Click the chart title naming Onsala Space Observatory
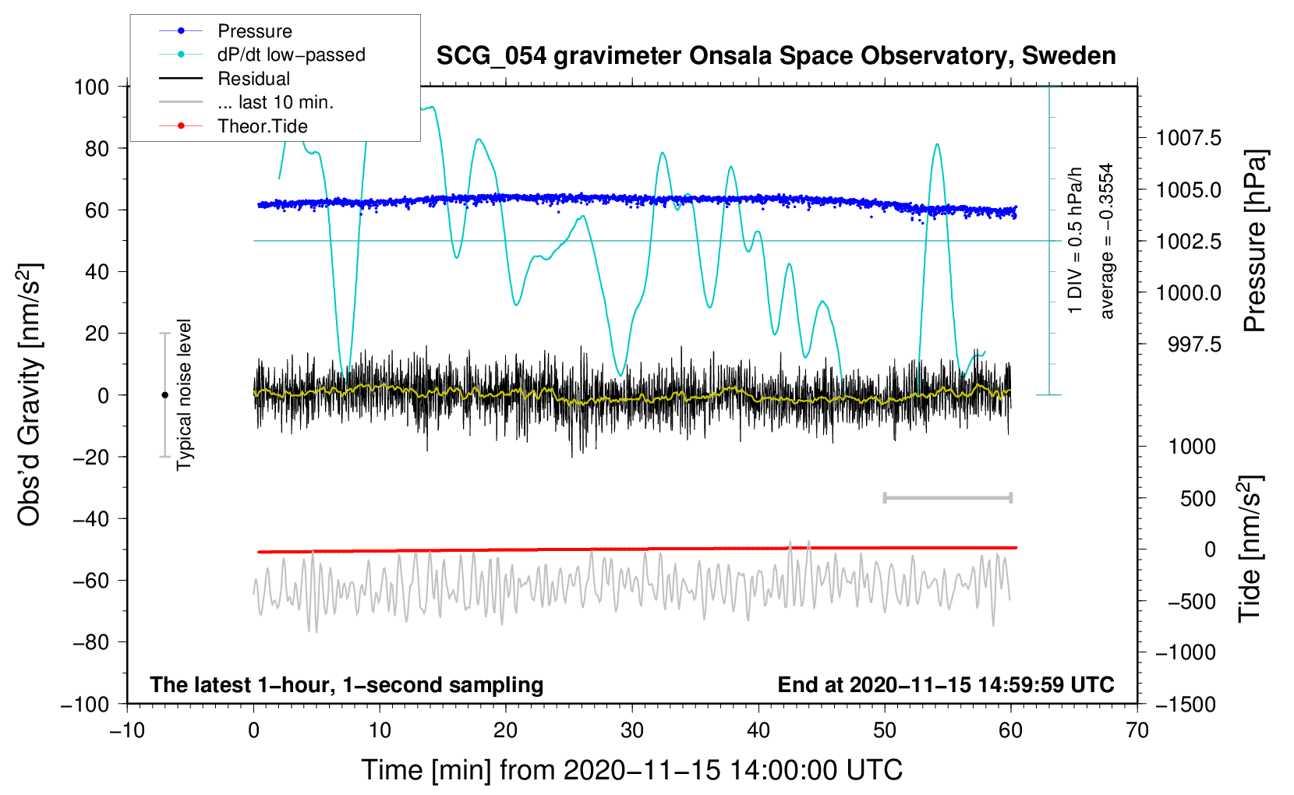pyautogui.click(x=776, y=56)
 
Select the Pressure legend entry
pyautogui.click(x=254, y=31)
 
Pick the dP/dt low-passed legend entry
pyautogui.click(x=291, y=55)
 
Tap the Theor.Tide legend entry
pyautogui.click(x=262, y=126)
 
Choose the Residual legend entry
pyautogui.click(x=253, y=79)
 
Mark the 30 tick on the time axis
pyautogui.click(x=632, y=730)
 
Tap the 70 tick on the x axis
pyautogui.click(x=1137, y=730)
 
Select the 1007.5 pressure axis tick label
pyautogui.click(x=1188, y=139)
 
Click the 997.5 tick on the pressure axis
pyautogui.click(x=1194, y=344)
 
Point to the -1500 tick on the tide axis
pyautogui.click(x=1186, y=704)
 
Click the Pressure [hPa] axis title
pyautogui.click(x=1254, y=241)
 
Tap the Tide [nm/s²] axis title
pyautogui.click(x=1250, y=549)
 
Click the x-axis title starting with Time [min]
pyautogui.click(x=632, y=770)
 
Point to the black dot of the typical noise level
pyautogui.click(x=164, y=395)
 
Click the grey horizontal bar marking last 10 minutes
pyautogui.click(x=947, y=497)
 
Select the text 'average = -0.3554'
pyautogui.click(x=1107, y=241)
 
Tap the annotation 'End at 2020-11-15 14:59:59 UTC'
pyautogui.click(x=946, y=684)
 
